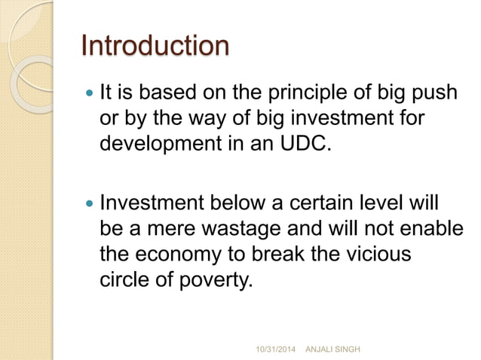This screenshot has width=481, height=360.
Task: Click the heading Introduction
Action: [x=155, y=46]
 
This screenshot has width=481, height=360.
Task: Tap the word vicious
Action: [x=376, y=253]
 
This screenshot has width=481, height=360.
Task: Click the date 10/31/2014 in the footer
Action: [x=277, y=349]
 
